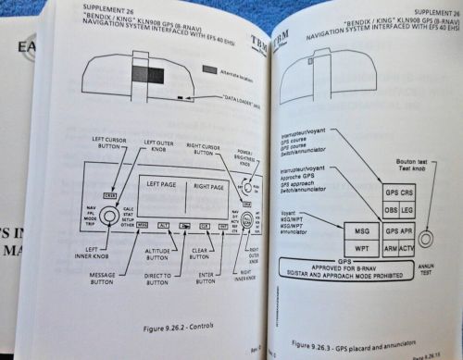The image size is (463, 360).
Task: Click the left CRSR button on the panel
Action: click(x=110, y=194)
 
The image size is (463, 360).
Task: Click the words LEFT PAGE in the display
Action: click(x=159, y=185)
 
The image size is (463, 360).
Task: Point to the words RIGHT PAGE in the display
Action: click(x=206, y=185)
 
